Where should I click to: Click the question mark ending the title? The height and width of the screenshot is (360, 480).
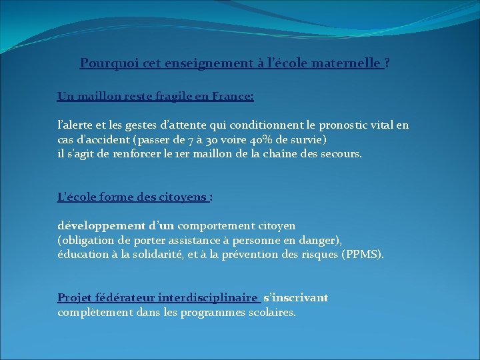coord(388,63)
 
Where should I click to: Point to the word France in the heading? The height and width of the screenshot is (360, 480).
coord(230,96)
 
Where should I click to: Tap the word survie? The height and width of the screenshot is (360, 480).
coord(306,139)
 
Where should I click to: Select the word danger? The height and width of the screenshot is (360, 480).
coord(321,240)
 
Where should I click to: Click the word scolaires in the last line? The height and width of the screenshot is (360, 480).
coord(269,312)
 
